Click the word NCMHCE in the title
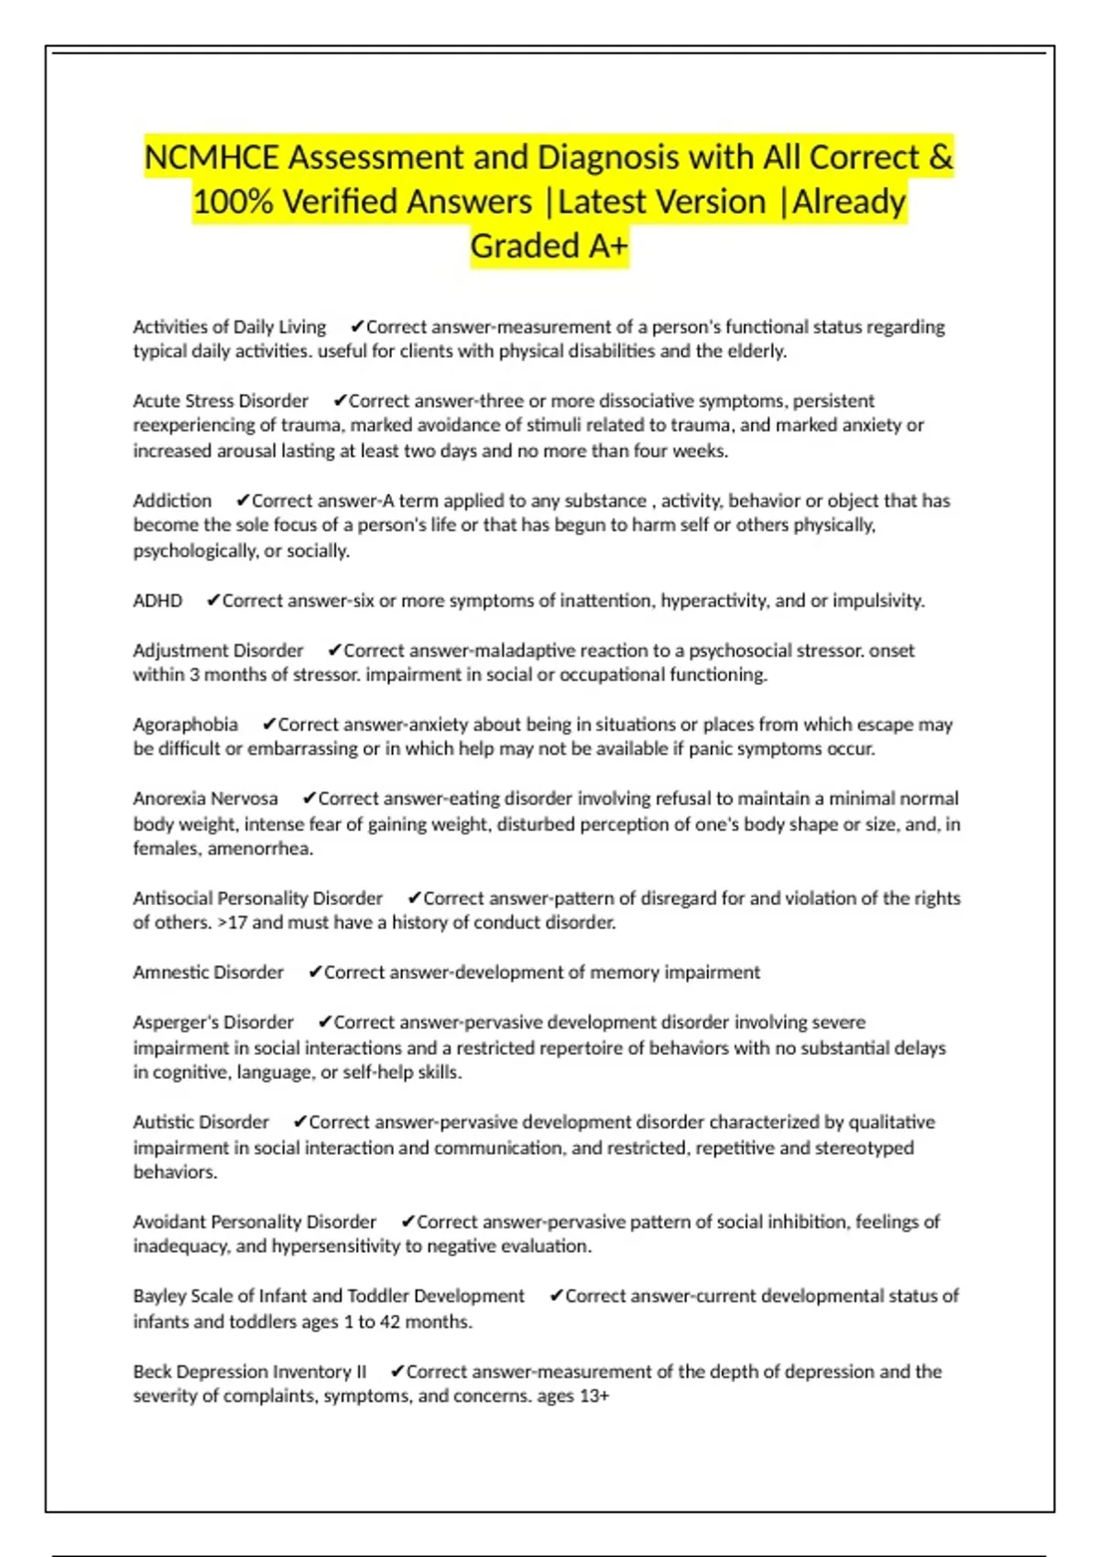click(x=212, y=158)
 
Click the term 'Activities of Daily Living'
click(x=229, y=327)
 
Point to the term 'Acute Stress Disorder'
click(x=221, y=401)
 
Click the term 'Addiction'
click(x=172, y=501)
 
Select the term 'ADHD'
click(x=158, y=601)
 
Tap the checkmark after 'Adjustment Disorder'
click(x=334, y=650)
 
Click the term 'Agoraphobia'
click(x=185, y=724)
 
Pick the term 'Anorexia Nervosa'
click(x=205, y=799)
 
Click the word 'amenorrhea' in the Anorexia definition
click(x=259, y=848)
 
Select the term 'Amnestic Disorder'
click(x=208, y=973)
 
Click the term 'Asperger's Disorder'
click(x=213, y=1022)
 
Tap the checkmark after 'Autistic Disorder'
click(x=299, y=1122)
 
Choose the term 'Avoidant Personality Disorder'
click(x=255, y=1222)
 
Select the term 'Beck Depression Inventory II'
click(x=249, y=1372)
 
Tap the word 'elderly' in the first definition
click(x=756, y=351)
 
